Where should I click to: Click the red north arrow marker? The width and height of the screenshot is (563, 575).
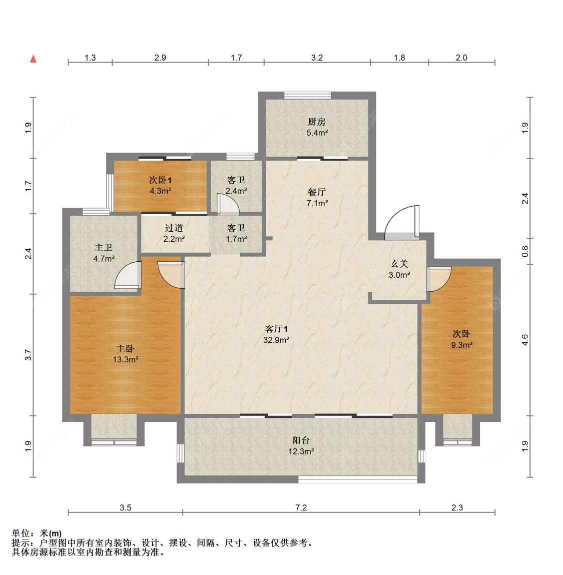click(33, 59)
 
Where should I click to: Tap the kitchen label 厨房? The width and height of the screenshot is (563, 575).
click(317, 122)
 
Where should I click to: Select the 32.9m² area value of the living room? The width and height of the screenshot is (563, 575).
click(276, 340)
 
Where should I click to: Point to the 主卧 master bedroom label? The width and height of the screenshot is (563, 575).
click(126, 349)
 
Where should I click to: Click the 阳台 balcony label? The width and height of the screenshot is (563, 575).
click(301, 440)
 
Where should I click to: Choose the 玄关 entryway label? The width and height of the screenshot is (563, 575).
click(399, 264)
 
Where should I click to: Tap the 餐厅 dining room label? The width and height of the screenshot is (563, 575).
click(317, 192)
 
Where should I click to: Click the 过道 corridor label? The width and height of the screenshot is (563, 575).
click(174, 228)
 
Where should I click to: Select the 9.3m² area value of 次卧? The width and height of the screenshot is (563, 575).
click(462, 345)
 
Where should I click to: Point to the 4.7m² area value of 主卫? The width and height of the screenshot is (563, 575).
click(104, 259)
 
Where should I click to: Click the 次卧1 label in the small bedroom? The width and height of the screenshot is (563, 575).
click(161, 180)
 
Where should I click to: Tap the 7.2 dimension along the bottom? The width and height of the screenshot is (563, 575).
click(301, 507)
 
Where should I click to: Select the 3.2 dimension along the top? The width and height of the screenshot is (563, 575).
click(317, 58)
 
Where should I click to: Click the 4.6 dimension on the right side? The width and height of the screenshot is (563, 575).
click(525, 340)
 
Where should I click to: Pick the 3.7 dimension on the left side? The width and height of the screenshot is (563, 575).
click(28, 355)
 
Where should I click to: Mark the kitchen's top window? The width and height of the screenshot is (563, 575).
click(308, 96)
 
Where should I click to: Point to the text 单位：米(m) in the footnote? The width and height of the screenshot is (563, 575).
click(37, 533)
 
